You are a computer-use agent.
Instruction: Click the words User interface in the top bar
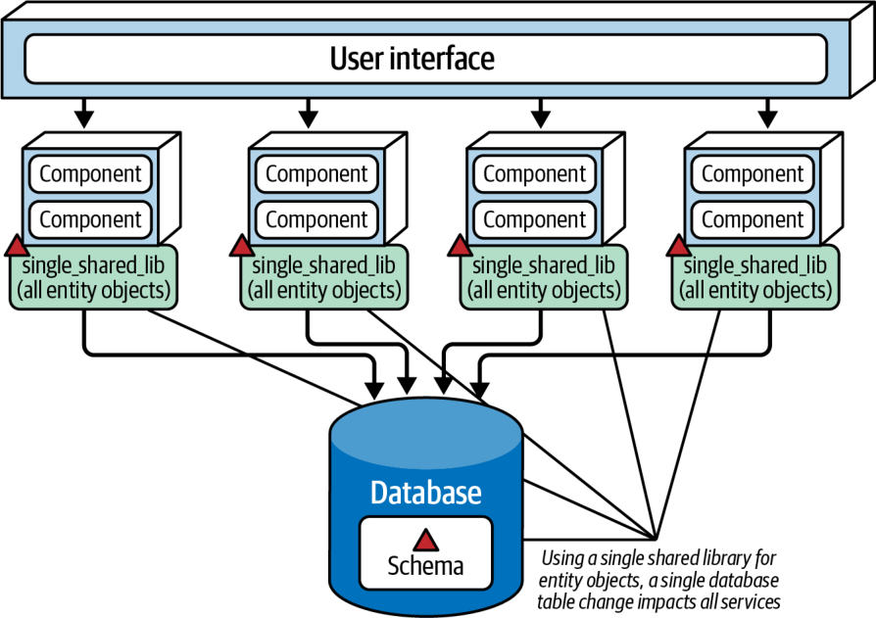pyautogui.click(x=413, y=59)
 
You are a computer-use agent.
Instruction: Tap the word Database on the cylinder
pyautogui.click(x=425, y=493)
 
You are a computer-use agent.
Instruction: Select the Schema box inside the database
pyautogui.click(x=425, y=553)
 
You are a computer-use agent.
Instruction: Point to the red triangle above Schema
pyautogui.click(x=425, y=540)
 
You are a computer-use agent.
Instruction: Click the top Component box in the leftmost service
pyautogui.click(x=90, y=174)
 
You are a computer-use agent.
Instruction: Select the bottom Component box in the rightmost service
pyautogui.click(x=753, y=220)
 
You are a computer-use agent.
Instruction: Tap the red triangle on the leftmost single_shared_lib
pyautogui.click(x=17, y=246)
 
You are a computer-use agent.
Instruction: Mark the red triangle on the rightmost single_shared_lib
pyautogui.click(x=679, y=246)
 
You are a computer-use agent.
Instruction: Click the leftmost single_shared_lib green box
pyautogui.click(x=93, y=277)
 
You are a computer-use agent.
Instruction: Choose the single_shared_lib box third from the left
pyautogui.click(x=544, y=277)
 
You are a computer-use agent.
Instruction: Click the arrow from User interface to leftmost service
pyautogui.click(x=84, y=114)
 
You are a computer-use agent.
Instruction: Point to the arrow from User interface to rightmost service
pyautogui.click(x=767, y=114)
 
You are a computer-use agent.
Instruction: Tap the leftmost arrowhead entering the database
pyautogui.click(x=374, y=390)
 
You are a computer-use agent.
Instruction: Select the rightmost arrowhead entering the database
pyautogui.click(x=479, y=390)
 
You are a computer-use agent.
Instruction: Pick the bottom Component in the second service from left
pyautogui.click(x=316, y=220)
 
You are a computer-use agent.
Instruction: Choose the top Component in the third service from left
pyautogui.click(x=535, y=174)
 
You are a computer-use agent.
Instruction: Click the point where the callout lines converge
pyautogui.click(x=655, y=539)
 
